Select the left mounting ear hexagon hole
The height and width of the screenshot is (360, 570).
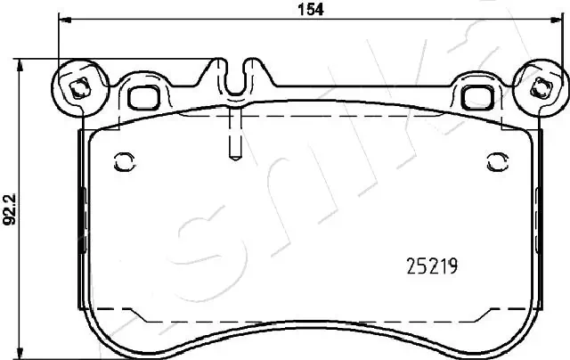[78, 87]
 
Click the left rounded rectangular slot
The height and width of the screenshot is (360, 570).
[142, 95]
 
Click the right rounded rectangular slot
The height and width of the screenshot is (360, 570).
[476, 95]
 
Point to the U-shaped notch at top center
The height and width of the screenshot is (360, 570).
[235, 78]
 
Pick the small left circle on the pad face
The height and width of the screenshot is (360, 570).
[124, 161]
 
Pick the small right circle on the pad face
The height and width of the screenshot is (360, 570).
[495, 161]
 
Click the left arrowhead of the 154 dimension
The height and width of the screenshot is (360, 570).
[63, 21]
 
